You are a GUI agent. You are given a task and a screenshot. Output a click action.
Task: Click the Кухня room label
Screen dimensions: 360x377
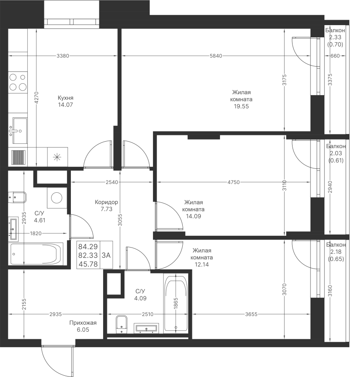pyautogui.click(x=65, y=98)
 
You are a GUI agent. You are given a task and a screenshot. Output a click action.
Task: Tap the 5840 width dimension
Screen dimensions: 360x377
pyautogui.click(x=216, y=56)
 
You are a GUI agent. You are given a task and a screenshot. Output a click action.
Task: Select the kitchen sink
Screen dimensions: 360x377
pyautogui.click(x=18, y=131)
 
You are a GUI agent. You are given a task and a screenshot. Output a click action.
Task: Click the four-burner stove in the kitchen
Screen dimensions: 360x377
pyautogui.click(x=18, y=82)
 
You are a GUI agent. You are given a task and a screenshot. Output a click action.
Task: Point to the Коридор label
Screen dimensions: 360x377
pyautogui.click(x=106, y=202)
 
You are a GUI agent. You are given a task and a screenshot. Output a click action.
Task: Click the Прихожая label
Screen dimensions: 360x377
pyautogui.click(x=83, y=323)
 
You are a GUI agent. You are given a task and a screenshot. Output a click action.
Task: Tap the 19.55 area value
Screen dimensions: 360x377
pyautogui.click(x=241, y=106)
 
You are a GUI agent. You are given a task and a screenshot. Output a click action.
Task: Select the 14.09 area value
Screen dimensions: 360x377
pyautogui.click(x=193, y=216)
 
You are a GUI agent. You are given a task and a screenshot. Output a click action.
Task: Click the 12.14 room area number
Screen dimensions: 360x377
pyautogui.click(x=202, y=264)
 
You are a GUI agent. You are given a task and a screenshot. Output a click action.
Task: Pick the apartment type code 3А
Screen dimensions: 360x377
pyautogui.click(x=106, y=255)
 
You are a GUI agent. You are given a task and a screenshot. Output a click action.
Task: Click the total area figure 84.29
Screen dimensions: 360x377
pyautogui.click(x=88, y=246)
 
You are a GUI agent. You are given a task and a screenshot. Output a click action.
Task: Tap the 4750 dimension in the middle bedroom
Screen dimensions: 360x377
pyautogui.click(x=233, y=182)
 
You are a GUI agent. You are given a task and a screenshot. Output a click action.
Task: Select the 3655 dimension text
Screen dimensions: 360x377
pyautogui.click(x=251, y=314)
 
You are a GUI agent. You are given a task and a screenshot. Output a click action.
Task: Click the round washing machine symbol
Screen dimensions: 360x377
pyautogui.click(x=57, y=198)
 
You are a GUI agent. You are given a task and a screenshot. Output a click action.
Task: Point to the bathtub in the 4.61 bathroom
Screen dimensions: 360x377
pyautogui.click(x=36, y=254)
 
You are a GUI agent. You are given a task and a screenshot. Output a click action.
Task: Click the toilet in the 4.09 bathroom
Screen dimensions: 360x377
pyautogui.click(x=122, y=324)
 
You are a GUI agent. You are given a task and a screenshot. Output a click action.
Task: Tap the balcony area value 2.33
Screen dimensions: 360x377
pyautogui.click(x=335, y=37)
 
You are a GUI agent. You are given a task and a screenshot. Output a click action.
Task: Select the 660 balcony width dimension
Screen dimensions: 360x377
pyautogui.click(x=335, y=56)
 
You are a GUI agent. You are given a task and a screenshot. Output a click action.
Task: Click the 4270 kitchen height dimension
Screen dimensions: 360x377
pyautogui.click(x=36, y=98)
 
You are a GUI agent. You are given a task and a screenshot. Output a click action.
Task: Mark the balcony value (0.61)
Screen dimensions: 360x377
pyautogui.click(x=336, y=160)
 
